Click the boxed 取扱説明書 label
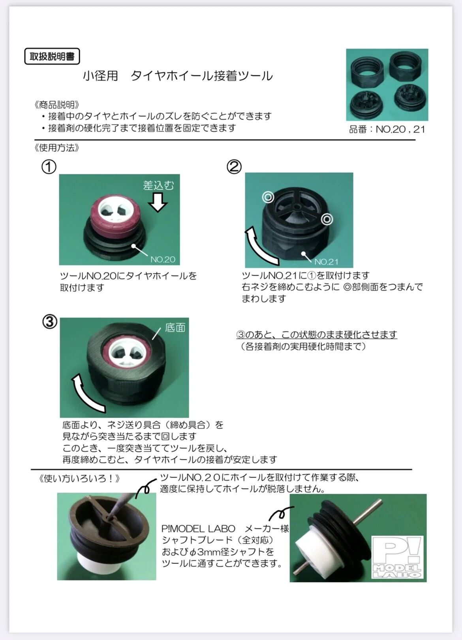[x=52, y=56]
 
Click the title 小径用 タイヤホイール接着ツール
[x=178, y=76]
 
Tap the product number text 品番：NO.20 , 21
[x=387, y=129]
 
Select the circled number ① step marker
[x=49, y=167]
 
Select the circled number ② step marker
[x=234, y=166]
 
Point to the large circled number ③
[x=50, y=322]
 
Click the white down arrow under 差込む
[x=158, y=202]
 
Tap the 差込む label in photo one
[x=158, y=185]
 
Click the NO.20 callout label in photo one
[x=163, y=259]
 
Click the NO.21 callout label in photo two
[x=327, y=261]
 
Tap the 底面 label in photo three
[x=175, y=327]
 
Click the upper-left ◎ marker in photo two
[x=268, y=197]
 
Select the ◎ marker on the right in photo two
[x=327, y=219]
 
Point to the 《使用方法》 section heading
[x=56, y=148]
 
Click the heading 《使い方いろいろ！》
[x=79, y=478]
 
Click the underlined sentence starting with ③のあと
[x=317, y=334]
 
